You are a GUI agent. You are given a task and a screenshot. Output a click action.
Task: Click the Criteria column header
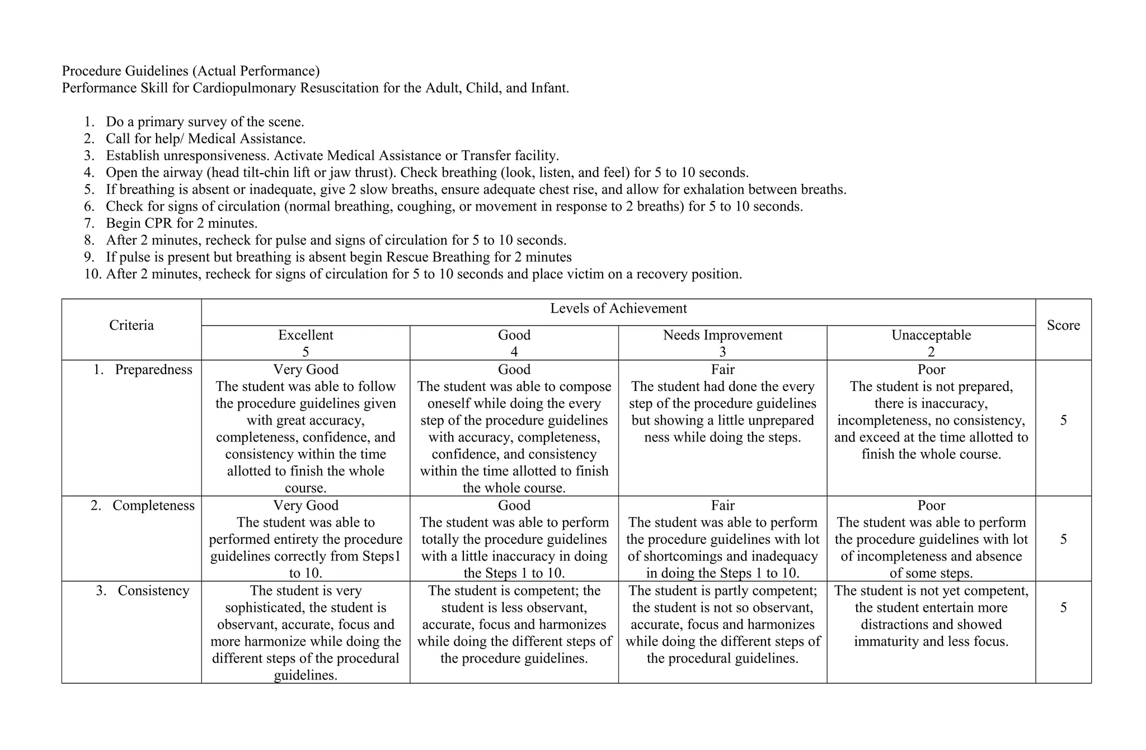point(131,325)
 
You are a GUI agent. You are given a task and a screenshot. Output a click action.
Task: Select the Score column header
point(1063,325)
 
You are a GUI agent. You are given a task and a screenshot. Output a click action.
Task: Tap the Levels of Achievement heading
point(618,309)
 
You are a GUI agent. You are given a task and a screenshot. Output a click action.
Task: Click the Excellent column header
point(306,336)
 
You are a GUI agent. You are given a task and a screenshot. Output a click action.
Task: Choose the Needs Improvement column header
point(722,336)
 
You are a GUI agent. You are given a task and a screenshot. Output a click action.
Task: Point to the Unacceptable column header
point(931,336)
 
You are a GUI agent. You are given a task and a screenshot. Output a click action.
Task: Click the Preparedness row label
point(153,370)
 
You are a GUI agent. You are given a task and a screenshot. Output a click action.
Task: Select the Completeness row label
point(153,506)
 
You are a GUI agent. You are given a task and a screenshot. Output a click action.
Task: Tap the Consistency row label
point(153,591)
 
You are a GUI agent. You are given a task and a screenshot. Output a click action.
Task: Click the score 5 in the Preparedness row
point(1063,420)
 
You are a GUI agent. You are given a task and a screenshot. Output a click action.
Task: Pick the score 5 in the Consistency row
point(1063,607)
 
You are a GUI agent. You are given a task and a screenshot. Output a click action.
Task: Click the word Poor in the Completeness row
point(931,506)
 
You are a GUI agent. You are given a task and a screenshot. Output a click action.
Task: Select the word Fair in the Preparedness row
point(722,370)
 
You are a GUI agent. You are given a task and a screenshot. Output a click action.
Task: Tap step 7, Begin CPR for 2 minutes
point(181,223)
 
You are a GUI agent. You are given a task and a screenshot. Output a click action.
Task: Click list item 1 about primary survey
point(205,122)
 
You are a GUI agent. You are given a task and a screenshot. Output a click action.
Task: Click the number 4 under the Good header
point(514,352)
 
